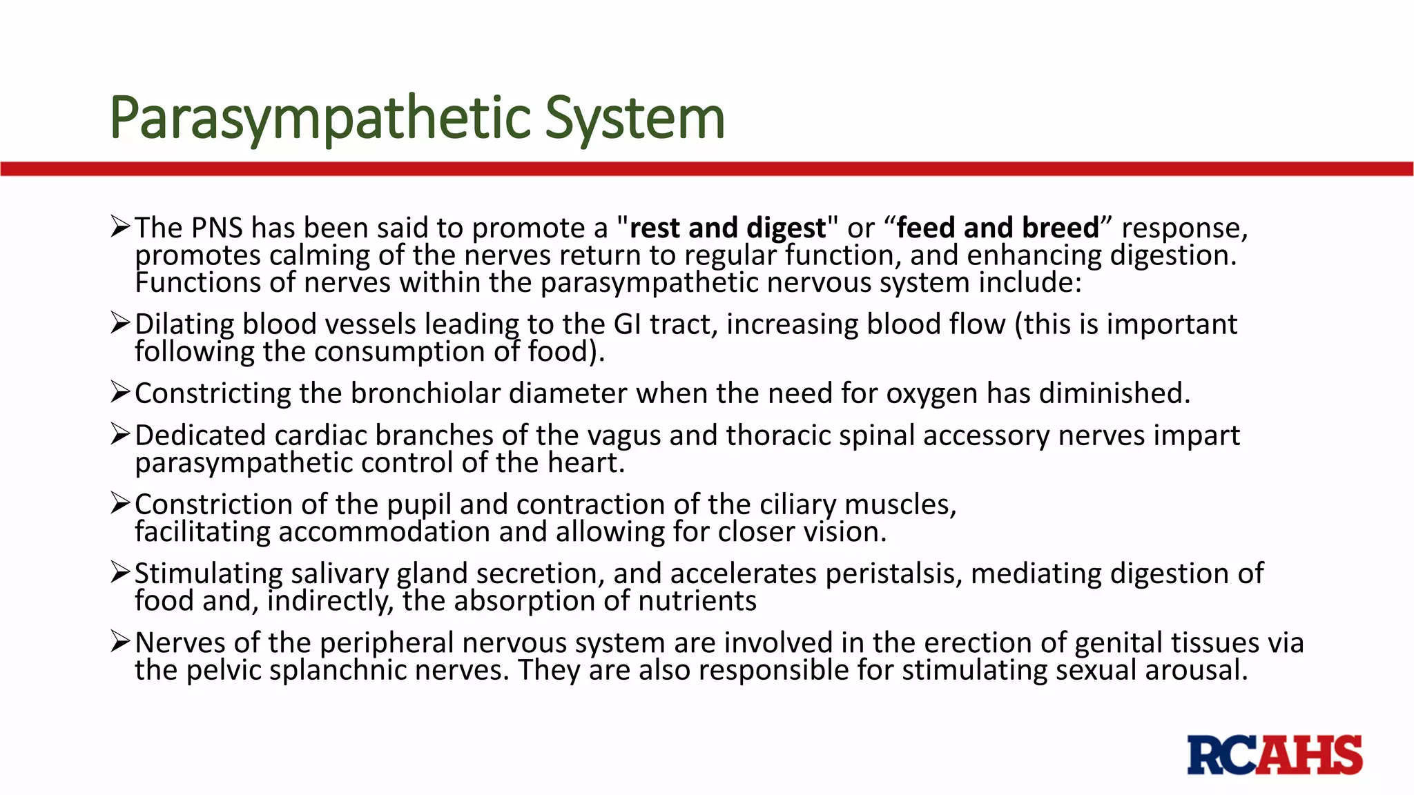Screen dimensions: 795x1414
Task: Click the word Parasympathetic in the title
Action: point(320,118)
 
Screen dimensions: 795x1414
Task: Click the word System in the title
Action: point(635,118)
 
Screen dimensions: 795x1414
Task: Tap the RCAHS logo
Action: point(1275,755)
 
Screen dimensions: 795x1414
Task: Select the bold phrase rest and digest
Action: point(728,228)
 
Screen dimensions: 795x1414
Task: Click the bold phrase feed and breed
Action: point(998,228)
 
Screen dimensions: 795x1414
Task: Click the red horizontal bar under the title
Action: point(707,169)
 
